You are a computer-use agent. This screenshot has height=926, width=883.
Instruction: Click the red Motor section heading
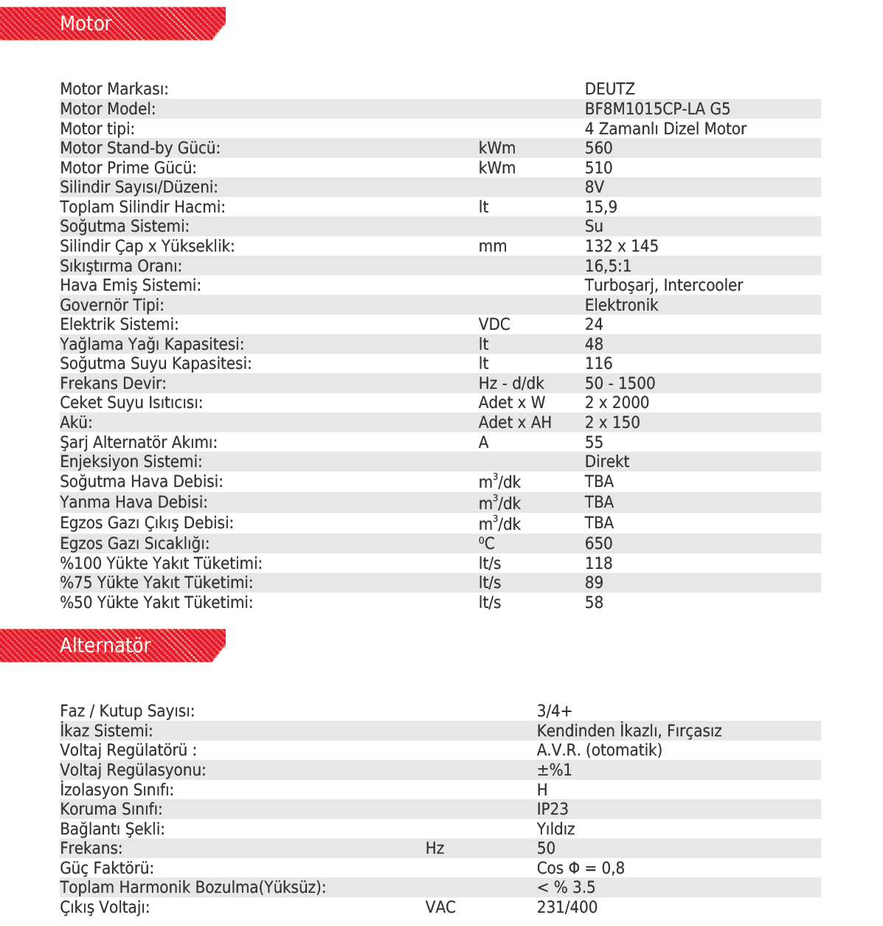(86, 24)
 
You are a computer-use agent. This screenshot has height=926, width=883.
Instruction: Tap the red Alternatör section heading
(105, 646)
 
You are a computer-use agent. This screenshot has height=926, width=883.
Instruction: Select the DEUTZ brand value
(609, 89)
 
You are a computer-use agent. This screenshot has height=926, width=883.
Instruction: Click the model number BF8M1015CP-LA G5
(657, 109)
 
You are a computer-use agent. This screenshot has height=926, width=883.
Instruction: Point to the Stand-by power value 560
(598, 148)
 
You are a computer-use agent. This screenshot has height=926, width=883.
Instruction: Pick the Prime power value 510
(598, 168)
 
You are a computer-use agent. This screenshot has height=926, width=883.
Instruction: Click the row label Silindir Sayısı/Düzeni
(139, 187)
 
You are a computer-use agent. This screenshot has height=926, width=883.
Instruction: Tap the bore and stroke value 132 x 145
(621, 246)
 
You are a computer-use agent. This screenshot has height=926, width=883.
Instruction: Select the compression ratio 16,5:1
(608, 266)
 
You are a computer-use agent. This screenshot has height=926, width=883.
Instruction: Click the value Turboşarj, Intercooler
(663, 286)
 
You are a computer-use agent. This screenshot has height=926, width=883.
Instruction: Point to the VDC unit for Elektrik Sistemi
(494, 325)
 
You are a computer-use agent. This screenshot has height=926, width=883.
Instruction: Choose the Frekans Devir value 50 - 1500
(620, 384)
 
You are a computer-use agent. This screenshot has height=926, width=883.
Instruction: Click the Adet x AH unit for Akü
(515, 423)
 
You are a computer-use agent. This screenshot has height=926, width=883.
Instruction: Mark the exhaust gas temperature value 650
(598, 544)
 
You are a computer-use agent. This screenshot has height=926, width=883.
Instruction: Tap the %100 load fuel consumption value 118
(598, 564)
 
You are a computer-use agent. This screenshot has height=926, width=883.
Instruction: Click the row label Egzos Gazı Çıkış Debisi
(147, 523)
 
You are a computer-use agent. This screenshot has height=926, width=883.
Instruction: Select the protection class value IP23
(553, 809)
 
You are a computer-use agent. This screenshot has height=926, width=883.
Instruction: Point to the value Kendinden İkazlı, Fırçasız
(629, 731)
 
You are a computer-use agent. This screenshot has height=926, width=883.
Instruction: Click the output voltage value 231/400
(567, 908)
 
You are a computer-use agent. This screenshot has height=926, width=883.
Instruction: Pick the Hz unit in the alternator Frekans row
(434, 849)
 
